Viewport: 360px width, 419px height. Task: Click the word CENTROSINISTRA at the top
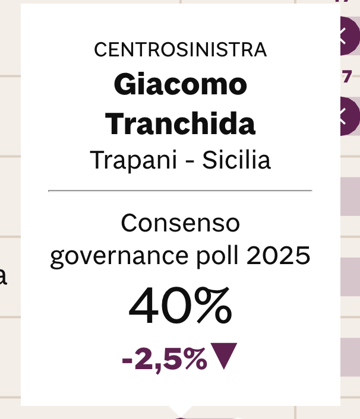[x=180, y=50]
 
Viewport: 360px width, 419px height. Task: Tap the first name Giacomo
[x=180, y=85]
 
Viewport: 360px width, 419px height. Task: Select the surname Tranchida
[x=180, y=123]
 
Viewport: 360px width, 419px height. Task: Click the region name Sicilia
[x=236, y=160]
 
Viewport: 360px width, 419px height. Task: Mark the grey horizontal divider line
[x=180, y=191]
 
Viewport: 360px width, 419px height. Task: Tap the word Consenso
[x=180, y=224]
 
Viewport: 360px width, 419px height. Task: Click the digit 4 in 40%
[x=145, y=306]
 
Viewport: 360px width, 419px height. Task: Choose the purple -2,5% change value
[x=164, y=358]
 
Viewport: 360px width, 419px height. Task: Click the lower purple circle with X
[x=349, y=115]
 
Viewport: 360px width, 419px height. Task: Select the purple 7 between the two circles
[x=348, y=76]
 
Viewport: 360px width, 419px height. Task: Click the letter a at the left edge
[x=3, y=277]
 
